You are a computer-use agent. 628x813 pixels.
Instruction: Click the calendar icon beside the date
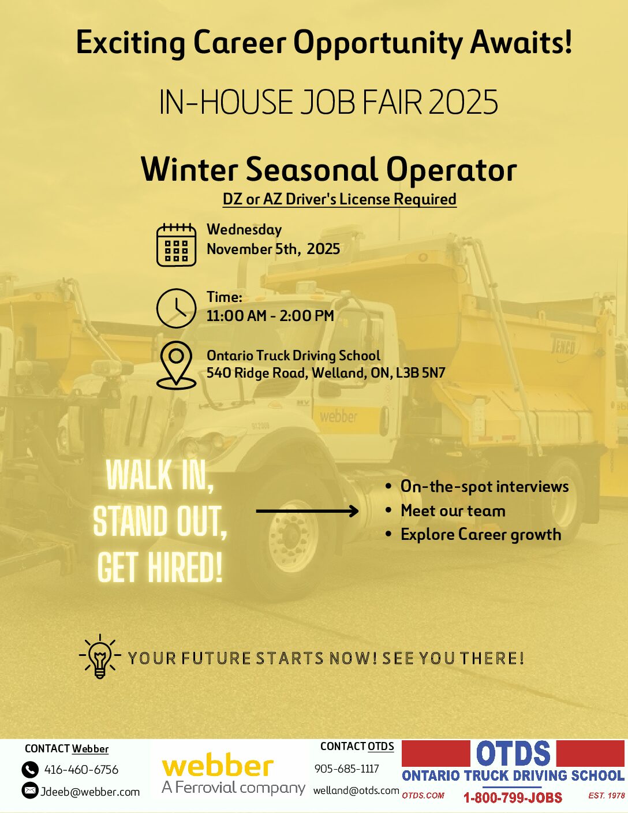click(176, 245)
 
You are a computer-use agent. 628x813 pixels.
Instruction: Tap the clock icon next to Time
click(176, 308)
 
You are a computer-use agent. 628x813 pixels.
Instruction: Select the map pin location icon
click(176, 365)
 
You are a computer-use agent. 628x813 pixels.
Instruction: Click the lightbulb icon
click(100, 656)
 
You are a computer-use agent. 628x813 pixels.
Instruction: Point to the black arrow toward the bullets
click(307, 510)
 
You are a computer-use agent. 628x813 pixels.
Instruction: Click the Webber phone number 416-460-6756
click(81, 770)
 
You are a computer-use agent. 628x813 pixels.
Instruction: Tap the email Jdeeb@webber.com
click(90, 792)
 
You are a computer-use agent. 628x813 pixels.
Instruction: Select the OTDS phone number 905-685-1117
click(347, 769)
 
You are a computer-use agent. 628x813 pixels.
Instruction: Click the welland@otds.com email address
click(356, 790)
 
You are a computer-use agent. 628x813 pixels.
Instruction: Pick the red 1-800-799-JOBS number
click(513, 797)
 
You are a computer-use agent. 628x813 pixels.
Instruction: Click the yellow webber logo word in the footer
click(218, 766)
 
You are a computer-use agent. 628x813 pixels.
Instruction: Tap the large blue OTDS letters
click(513, 753)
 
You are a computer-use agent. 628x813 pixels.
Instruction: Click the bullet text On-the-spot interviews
click(485, 486)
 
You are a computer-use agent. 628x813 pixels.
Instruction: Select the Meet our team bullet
click(453, 510)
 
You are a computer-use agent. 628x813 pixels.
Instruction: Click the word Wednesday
click(244, 230)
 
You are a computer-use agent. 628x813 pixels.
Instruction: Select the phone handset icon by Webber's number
click(30, 770)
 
